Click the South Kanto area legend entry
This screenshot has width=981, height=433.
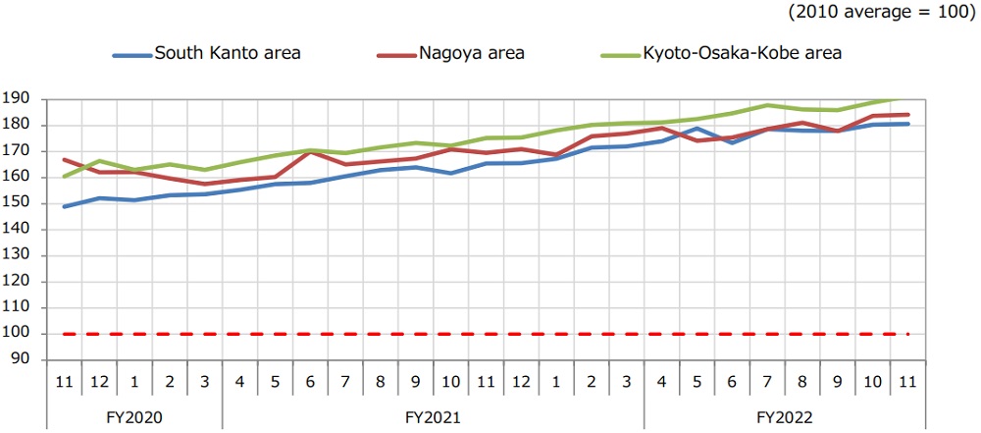[227, 53]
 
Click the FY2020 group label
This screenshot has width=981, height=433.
[134, 415]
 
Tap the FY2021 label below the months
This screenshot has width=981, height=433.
[433, 415]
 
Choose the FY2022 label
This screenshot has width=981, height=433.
[785, 415]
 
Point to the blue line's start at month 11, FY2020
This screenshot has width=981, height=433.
[64, 206]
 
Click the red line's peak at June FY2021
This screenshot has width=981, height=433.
[310, 152]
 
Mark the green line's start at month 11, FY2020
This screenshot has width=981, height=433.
[64, 177]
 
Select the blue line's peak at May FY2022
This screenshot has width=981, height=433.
[697, 128]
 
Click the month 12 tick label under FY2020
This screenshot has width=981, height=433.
[98, 380]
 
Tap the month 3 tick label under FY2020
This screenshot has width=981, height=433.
[204, 380]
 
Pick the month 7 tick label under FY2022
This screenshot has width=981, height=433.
[767, 380]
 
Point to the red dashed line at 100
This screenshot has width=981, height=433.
[490, 334]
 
